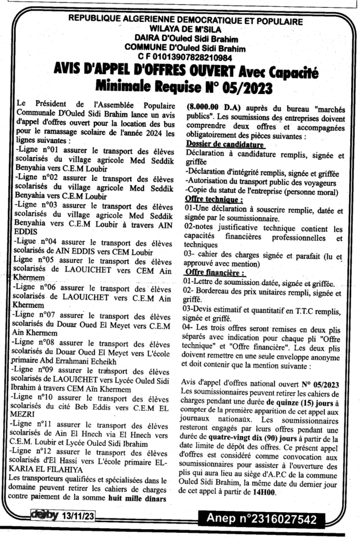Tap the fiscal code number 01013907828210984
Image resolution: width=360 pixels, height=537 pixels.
tap(185, 56)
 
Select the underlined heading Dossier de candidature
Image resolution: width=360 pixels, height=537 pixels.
tap(225, 144)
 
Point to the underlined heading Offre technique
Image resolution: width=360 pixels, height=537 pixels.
tap(214, 200)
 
